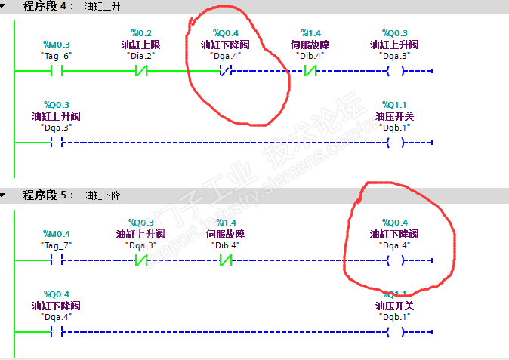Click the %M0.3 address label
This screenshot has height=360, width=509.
(56, 45)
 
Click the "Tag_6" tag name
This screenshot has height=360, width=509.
(56, 56)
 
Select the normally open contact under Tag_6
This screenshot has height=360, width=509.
(56, 72)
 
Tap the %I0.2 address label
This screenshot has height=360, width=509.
(140, 33)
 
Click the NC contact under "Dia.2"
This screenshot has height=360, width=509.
(140, 72)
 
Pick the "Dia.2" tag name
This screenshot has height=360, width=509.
(140, 56)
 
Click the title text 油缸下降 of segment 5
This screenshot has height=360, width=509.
(102, 195)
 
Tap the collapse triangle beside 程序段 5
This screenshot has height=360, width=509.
(4, 195)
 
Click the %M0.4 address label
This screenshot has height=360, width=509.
(56, 234)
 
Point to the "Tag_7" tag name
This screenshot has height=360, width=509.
(56, 245)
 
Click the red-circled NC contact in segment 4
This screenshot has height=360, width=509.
(225, 72)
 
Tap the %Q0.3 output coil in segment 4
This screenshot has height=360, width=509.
(394, 72)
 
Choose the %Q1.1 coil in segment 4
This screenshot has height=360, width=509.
(394, 142)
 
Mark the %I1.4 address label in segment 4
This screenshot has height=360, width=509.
(310, 33)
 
